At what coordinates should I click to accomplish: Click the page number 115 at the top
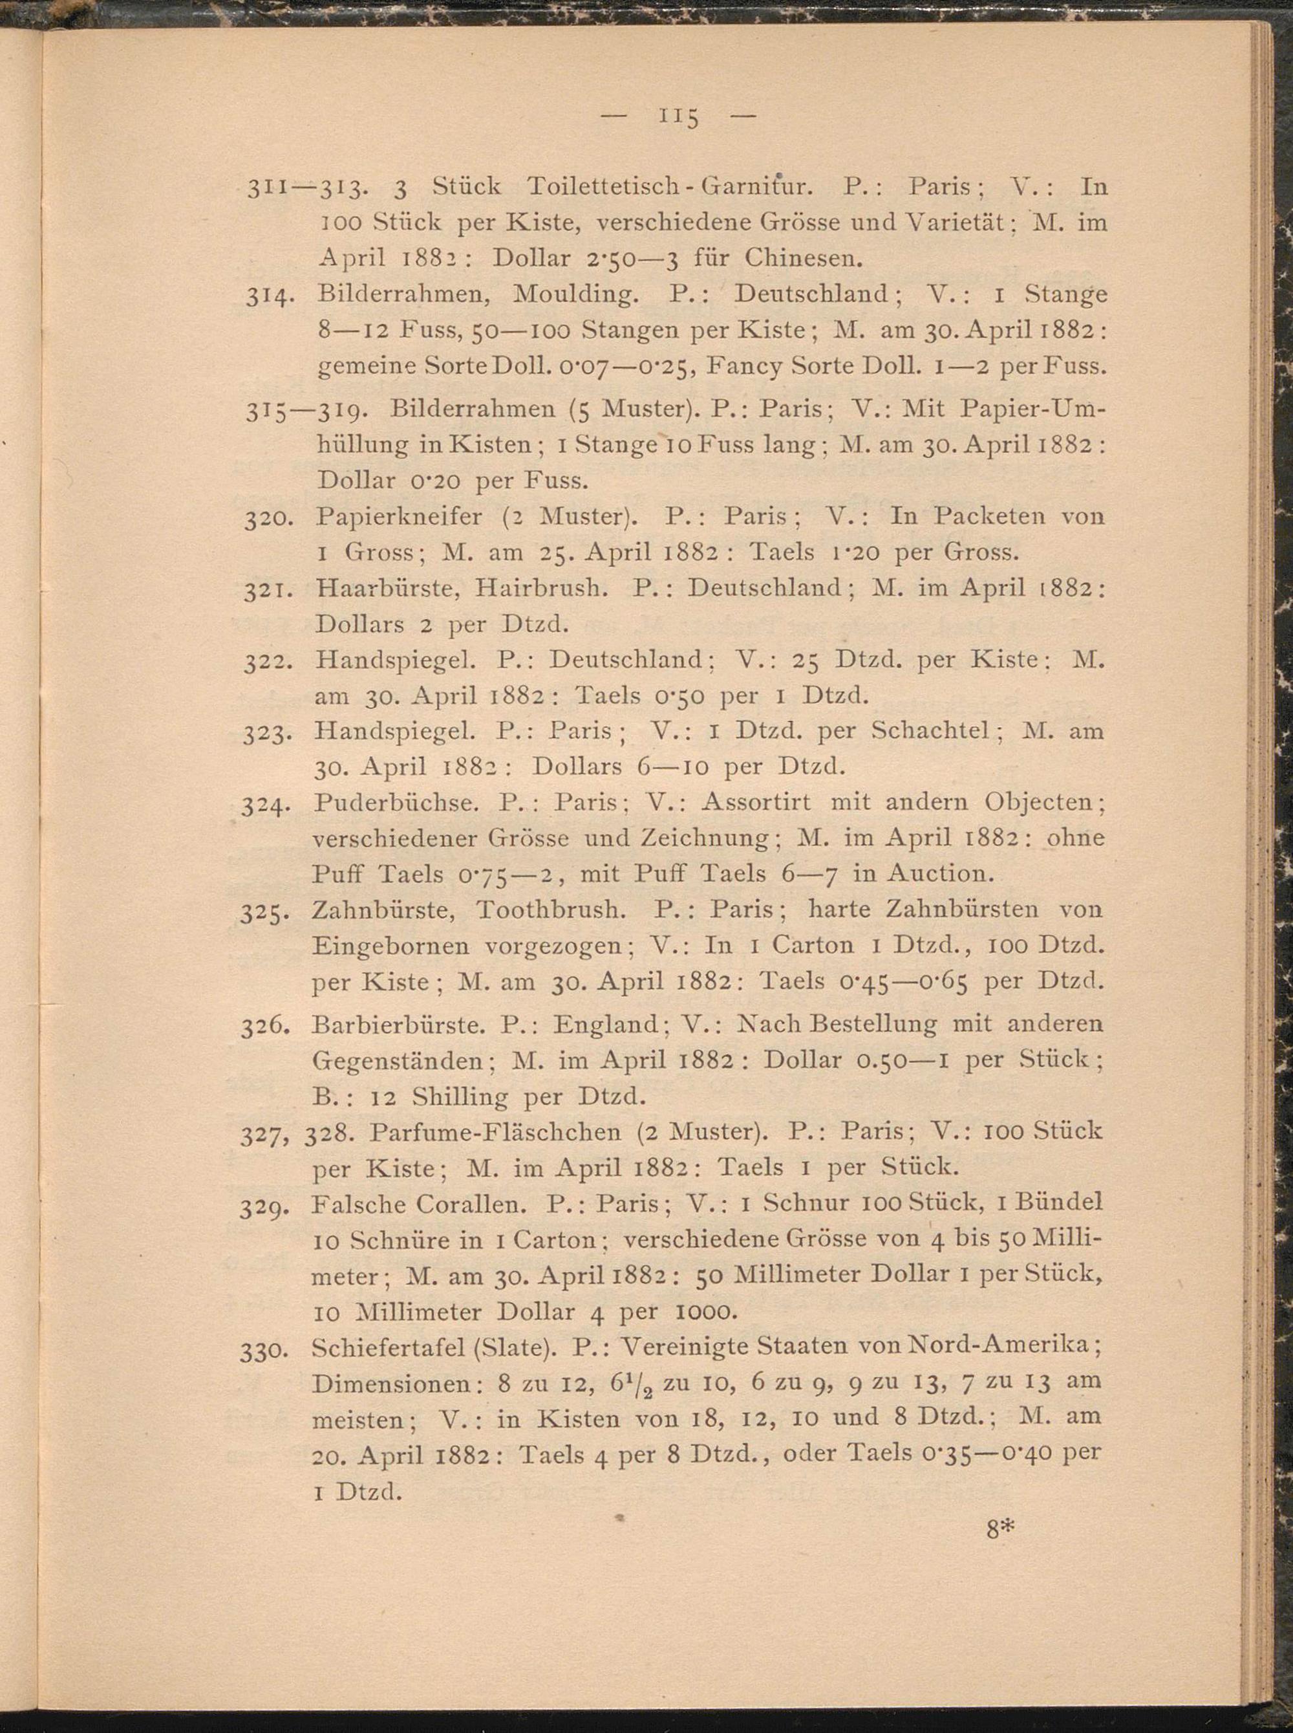tap(679, 118)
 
